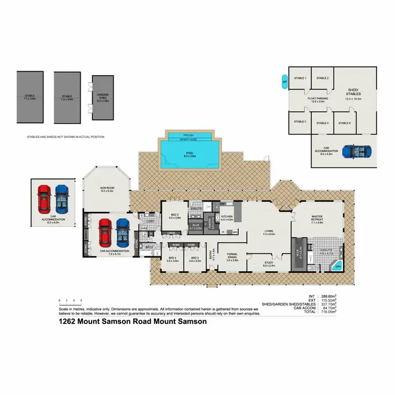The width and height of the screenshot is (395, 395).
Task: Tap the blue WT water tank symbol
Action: click(x=285, y=82)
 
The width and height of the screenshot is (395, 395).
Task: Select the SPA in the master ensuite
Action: click(x=338, y=266)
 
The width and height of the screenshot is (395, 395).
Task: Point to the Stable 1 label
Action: click(x=300, y=78)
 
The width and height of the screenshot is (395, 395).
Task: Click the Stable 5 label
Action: click(x=344, y=123)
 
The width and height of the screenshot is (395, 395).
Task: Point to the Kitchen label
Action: click(x=226, y=217)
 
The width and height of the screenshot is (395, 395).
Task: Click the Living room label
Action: click(x=269, y=232)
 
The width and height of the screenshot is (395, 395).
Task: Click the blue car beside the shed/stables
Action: click(x=357, y=152)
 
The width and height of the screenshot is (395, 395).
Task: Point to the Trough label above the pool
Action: click(x=188, y=135)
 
